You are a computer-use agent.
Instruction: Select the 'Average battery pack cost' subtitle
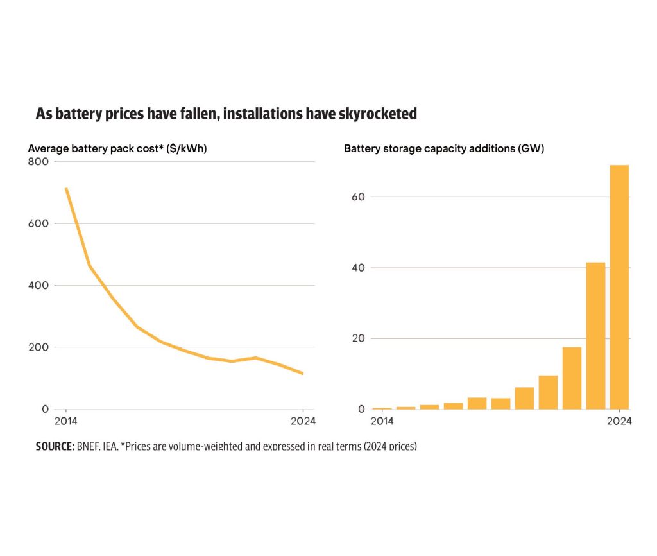[x=117, y=148]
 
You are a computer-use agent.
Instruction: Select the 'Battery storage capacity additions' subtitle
[x=444, y=148]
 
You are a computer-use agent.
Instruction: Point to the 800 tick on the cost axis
[x=38, y=161]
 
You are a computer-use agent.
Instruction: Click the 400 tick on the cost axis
[x=38, y=285]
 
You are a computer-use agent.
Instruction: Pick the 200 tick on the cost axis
[x=38, y=347]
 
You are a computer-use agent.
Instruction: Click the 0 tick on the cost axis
[x=45, y=409]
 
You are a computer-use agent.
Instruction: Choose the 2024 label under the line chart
[x=303, y=421]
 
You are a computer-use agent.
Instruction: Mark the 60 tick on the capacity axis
[x=358, y=196]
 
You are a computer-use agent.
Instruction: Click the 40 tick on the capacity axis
[x=358, y=268]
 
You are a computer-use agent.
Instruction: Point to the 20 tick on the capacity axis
[x=358, y=338]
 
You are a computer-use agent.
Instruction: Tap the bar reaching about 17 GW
[x=572, y=378]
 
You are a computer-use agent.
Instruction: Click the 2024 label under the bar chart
[x=619, y=421]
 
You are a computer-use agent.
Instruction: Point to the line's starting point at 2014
[x=66, y=188]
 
